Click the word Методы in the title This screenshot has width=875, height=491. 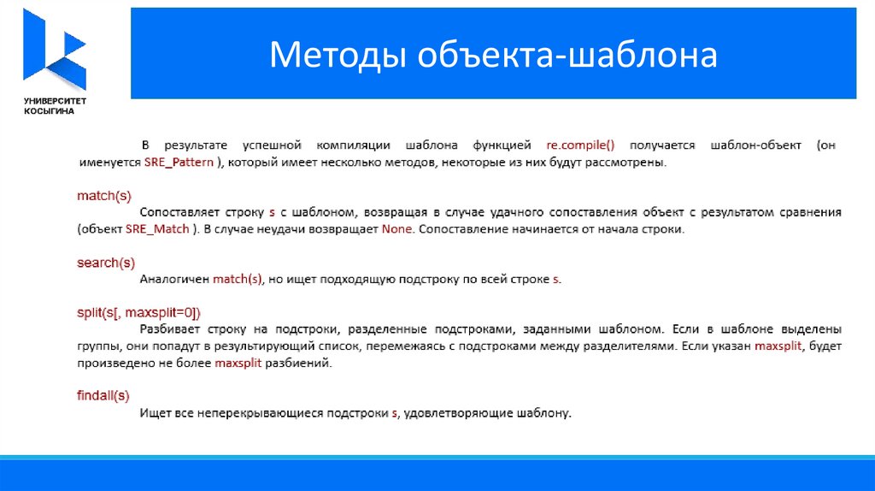point(337,55)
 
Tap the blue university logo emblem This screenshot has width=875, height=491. point(55,49)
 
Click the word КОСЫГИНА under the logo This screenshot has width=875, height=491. point(49,111)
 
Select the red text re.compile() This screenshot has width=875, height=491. point(580,145)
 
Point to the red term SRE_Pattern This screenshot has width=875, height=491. point(179,163)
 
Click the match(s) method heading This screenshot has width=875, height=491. point(104,196)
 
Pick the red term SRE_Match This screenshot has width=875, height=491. point(157,229)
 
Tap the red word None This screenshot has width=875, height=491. point(396,229)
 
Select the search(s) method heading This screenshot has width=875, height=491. point(106,263)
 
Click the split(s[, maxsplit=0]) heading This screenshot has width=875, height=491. point(139,313)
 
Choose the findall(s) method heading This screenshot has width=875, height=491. point(103,396)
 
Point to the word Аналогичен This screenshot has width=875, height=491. point(174,280)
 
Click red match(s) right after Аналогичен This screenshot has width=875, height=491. point(238,280)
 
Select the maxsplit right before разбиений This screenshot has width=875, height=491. point(238,363)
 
